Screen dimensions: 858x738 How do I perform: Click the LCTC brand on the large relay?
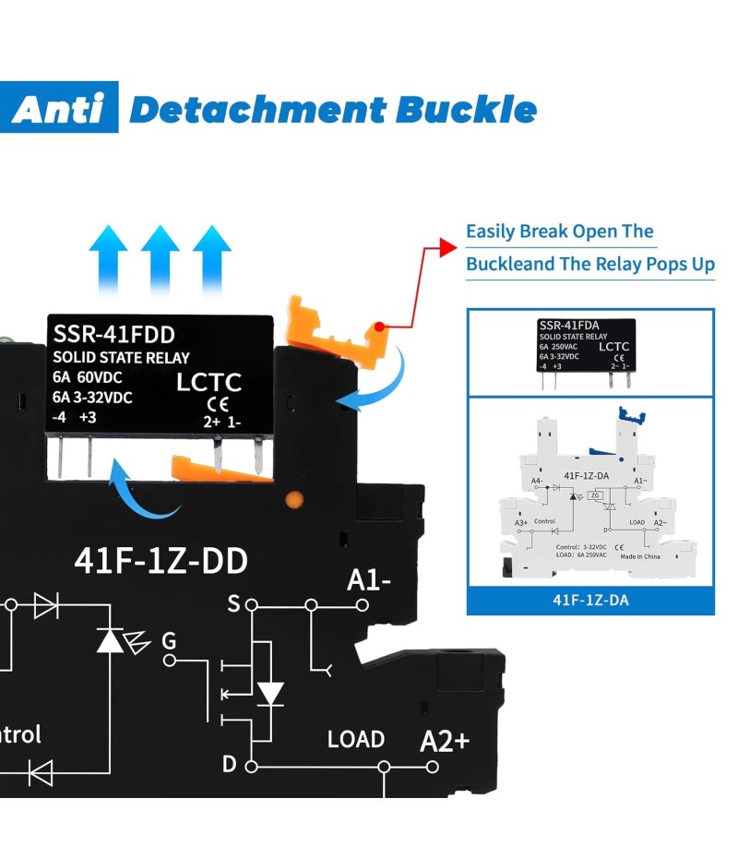pos(208,382)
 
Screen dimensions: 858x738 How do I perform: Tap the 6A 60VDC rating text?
pos(89,377)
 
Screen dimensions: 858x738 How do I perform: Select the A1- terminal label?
pos(369,580)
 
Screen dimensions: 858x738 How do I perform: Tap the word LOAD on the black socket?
pos(356,739)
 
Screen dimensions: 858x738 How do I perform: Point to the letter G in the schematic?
pos(169,640)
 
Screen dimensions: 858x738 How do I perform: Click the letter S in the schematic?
pos(233,604)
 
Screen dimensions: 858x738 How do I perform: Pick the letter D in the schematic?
pos(229,764)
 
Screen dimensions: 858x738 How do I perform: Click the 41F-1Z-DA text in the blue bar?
pos(590,600)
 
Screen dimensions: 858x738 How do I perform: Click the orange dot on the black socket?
pos(294,500)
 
